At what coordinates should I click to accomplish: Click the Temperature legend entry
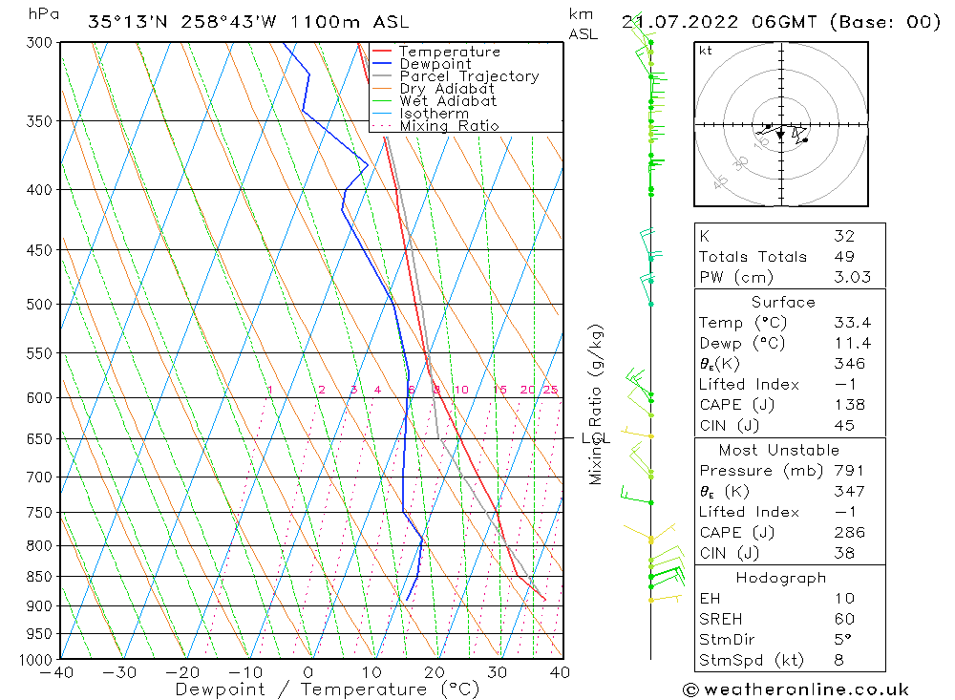tap(449, 52)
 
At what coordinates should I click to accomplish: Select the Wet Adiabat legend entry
tap(448, 101)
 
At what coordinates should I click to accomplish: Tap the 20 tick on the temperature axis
tap(435, 672)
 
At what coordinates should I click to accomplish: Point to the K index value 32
tap(844, 236)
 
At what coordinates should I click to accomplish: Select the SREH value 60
tap(844, 619)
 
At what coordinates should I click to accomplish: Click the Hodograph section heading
tap(782, 578)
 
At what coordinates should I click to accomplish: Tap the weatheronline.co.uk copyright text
tap(795, 689)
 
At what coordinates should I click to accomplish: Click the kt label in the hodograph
tap(706, 51)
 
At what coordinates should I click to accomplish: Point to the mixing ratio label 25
tap(550, 390)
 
